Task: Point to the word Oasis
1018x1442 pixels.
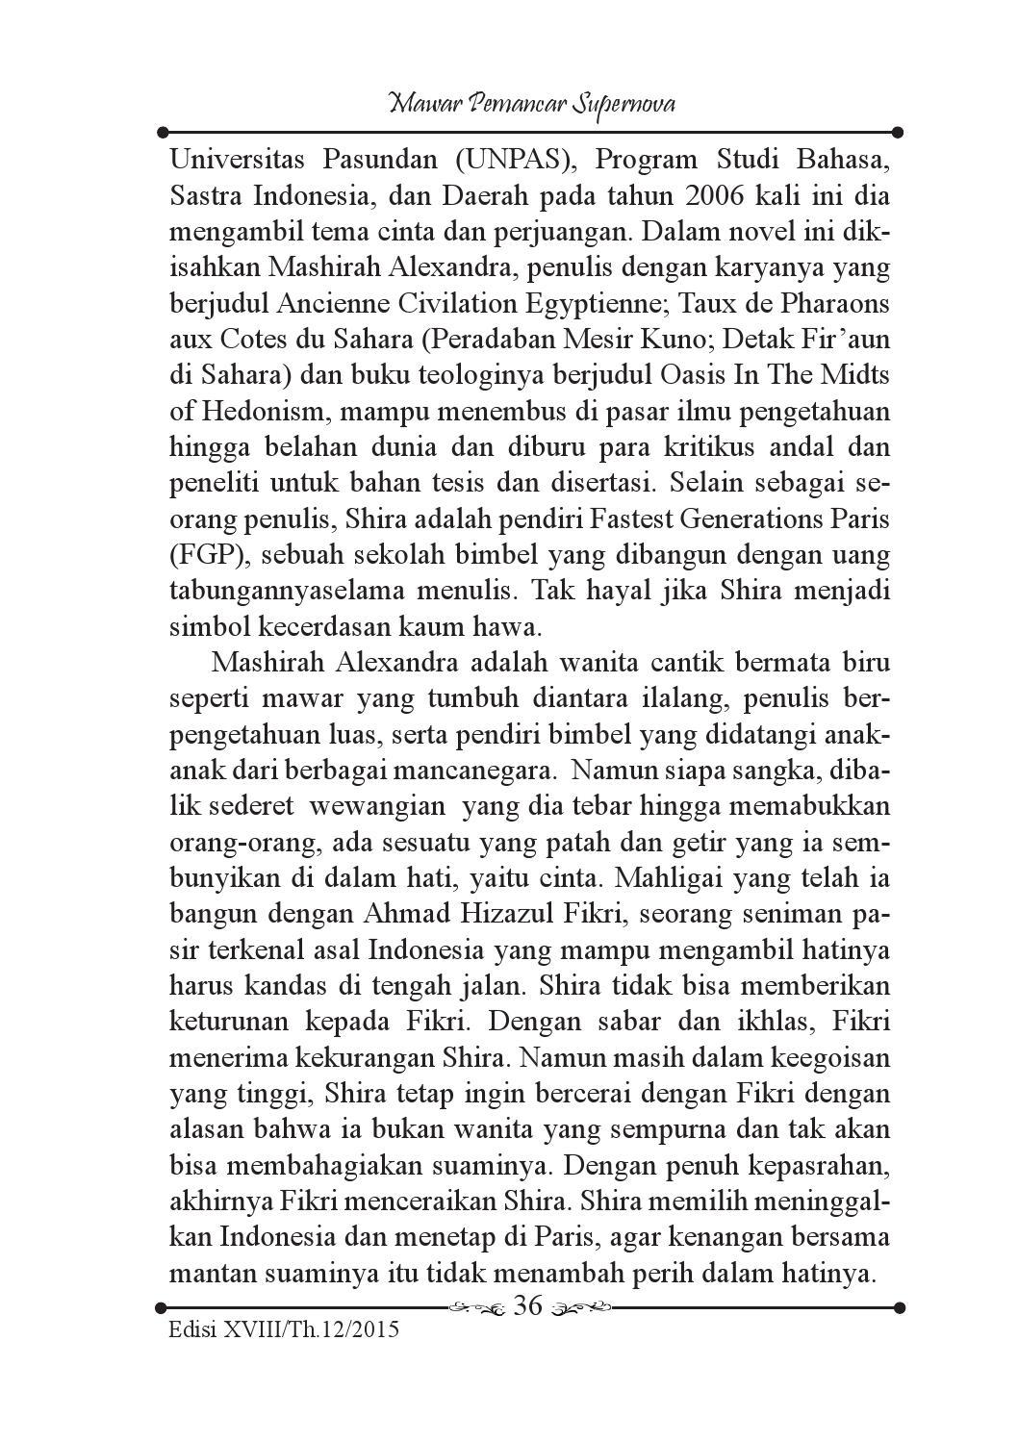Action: pos(700,375)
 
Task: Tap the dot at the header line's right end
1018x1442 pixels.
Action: pos(897,132)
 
